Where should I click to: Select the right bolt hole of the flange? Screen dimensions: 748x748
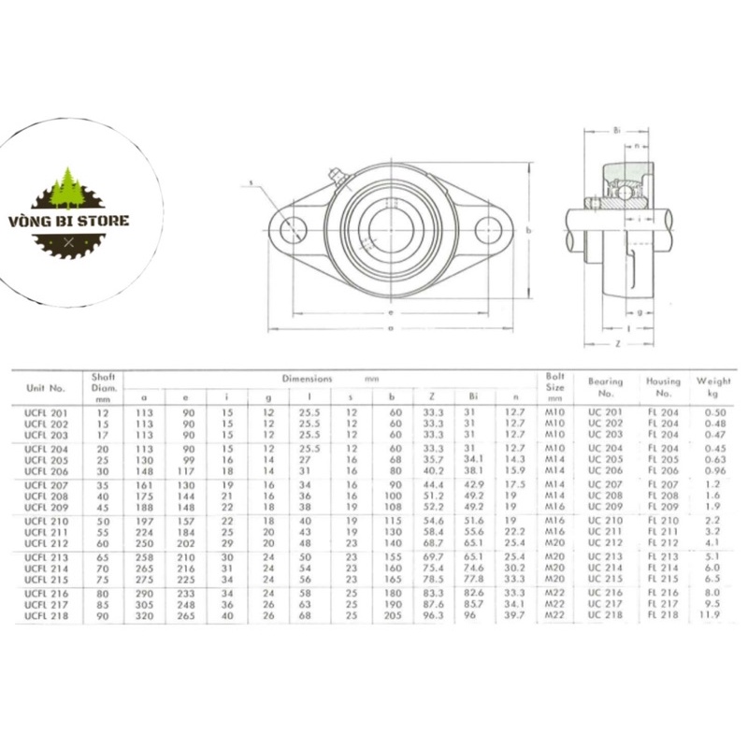point(490,229)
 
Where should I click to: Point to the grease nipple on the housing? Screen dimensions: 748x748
point(337,174)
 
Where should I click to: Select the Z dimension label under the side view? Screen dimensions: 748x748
point(618,343)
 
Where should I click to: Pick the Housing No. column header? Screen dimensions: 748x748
point(662,386)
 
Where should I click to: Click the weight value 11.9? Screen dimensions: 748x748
point(712,614)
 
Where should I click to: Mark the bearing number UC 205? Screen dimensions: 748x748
point(606,459)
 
